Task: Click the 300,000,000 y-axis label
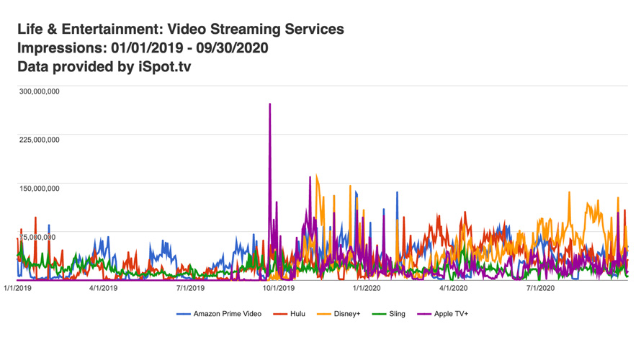(x=39, y=91)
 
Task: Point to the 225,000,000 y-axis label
(x=39, y=140)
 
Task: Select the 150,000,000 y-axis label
(x=39, y=189)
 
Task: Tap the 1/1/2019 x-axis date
(x=17, y=288)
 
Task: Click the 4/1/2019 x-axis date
(x=103, y=288)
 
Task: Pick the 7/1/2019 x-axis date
(x=190, y=288)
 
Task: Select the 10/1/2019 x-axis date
(x=278, y=288)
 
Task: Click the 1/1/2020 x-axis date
(x=366, y=288)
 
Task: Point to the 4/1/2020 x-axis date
(x=453, y=288)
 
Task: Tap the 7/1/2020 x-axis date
(x=539, y=288)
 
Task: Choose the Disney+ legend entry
(x=346, y=314)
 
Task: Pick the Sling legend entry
(x=396, y=314)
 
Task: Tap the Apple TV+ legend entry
(x=451, y=314)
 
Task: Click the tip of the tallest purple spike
(x=270, y=104)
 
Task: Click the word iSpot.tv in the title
(x=165, y=67)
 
